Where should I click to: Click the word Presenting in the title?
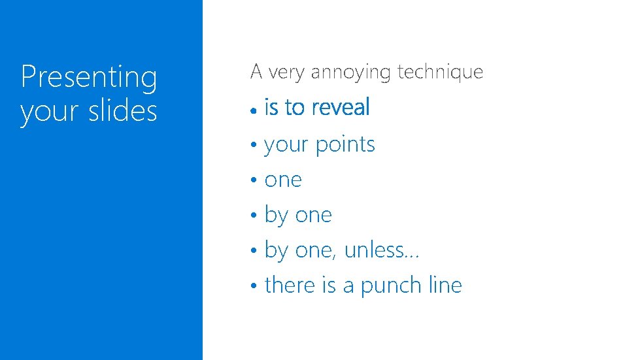89,78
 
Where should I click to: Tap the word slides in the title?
124,111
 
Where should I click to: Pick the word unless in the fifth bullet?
373,250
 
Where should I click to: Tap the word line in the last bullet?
445,285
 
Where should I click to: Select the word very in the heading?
286,72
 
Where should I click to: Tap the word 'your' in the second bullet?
286,145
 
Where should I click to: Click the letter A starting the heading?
256,71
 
